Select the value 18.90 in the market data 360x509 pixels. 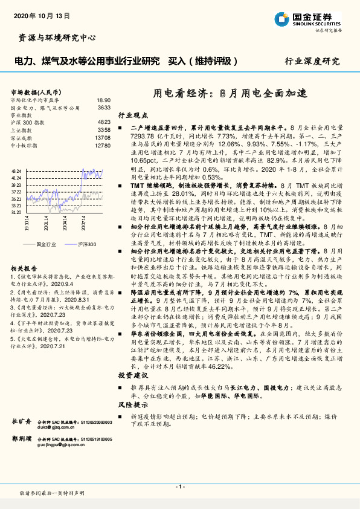tap(103, 100)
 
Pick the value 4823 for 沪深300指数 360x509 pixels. tap(103, 122)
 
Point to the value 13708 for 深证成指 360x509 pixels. tap(103, 137)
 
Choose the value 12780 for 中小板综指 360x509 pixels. tap(103, 145)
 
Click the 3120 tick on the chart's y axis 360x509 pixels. tap(16, 212)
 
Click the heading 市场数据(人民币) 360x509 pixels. tap(33, 91)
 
